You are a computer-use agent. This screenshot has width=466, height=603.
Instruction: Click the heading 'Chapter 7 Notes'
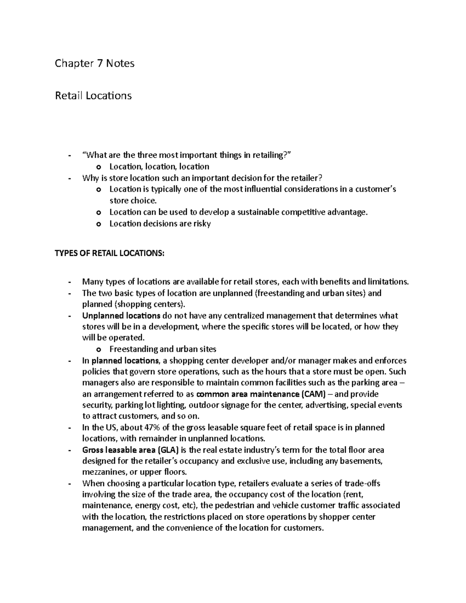[x=94, y=63]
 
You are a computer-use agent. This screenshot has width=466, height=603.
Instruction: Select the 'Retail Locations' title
[x=93, y=96]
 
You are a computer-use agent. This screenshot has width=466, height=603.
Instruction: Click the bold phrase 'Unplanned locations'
[x=121, y=316]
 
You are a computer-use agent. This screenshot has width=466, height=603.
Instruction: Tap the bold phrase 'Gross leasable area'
[x=118, y=450]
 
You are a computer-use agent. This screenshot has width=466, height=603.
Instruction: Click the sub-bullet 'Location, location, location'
[x=159, y=167]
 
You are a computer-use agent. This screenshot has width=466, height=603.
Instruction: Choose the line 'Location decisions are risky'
[x=160, y=224]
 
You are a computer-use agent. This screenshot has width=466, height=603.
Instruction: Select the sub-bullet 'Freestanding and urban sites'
[x=163, y=349]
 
